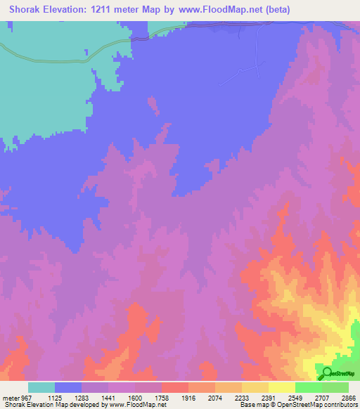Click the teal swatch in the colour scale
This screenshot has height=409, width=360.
(x=41, y=387)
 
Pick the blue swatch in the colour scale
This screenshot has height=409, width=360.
(x=68, y=387)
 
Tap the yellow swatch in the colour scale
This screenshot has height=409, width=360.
(x=281, y=387)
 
